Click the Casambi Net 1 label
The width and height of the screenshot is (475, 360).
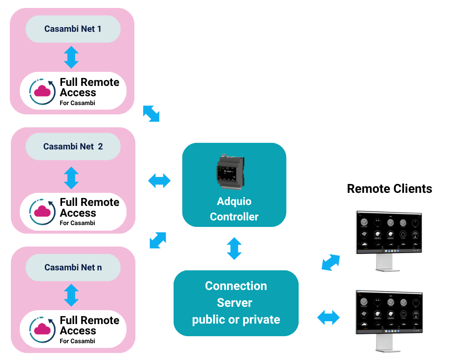click(x=73, y=29)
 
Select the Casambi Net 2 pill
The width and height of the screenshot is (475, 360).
click(x=73, y=147)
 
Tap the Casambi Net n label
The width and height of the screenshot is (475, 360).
click(x=73, y=268)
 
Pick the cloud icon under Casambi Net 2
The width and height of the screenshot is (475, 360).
click(x=42, y=211)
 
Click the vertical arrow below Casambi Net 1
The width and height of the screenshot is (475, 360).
click(x=71, y=57)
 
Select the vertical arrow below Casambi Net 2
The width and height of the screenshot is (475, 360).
click(x=71, y=178)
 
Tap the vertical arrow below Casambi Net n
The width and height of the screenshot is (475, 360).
click(x=71, y=295)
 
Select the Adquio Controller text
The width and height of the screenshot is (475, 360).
click(x=234, y=209)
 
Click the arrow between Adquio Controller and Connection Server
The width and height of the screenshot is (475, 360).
click(x=234, y=248)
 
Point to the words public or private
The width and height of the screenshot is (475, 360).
click(x=236, y=319)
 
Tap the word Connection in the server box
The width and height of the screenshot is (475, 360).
click(x=236, y=286)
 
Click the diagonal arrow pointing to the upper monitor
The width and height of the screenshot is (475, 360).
click(x=331, y=262)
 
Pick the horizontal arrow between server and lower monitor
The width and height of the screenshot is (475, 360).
click(x=328, y=318)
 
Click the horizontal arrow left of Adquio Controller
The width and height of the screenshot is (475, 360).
click(x=160, y=181)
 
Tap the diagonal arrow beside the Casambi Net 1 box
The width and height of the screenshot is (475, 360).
click(x=151, y=113)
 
